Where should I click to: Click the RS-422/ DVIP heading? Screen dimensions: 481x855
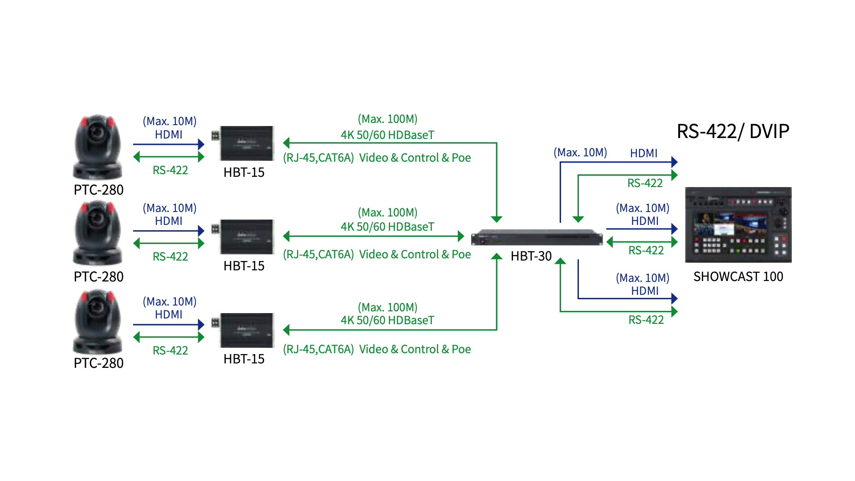733,132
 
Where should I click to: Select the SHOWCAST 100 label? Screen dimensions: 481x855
738,277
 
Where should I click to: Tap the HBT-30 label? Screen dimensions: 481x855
531,256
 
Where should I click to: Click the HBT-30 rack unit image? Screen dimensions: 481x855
537,237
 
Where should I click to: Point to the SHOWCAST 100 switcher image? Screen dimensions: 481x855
738,225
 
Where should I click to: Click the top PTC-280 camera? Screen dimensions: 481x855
98,147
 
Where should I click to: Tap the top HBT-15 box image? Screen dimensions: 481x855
246,143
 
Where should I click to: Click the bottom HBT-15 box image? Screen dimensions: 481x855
246,330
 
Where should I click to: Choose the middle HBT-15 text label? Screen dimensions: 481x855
244,266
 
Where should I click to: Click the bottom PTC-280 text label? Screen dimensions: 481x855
98,363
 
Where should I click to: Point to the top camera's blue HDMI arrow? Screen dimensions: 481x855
168,144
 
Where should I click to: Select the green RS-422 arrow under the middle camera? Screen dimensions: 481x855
168,243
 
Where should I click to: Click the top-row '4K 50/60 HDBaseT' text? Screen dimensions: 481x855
387,135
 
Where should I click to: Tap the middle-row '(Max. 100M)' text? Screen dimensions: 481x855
387,213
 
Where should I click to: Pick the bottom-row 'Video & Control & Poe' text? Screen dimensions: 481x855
415,350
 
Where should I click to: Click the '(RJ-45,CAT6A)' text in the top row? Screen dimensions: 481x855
318,158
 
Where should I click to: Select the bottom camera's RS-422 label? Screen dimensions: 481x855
170,351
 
